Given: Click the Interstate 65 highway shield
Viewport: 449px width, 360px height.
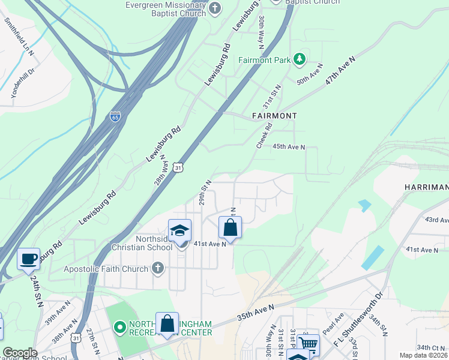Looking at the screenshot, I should [x=115, y=116].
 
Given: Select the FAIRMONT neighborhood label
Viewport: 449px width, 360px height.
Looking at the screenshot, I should [x=274, y=115].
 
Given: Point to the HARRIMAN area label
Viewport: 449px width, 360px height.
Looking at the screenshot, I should [x=426, y=188].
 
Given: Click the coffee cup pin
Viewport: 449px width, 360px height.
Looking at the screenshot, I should [x=28, y=259].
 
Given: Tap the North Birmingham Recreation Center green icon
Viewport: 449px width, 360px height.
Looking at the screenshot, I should [x=119, y=327].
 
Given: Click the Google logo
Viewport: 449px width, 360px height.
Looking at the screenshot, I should [x=20, y=353].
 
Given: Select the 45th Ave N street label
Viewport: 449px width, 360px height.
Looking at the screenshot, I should [x=289, y=146].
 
